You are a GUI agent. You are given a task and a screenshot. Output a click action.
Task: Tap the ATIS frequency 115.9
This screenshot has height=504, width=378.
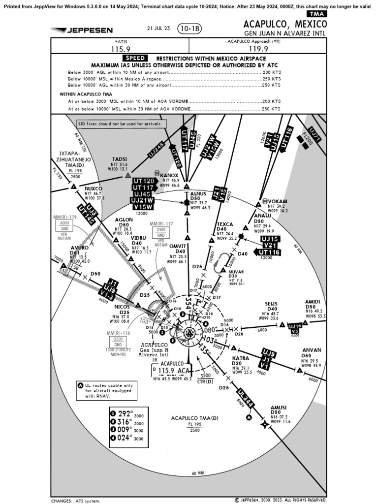coord(120,49)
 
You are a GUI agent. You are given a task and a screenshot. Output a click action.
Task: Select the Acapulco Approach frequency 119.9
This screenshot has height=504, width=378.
coord(258,49)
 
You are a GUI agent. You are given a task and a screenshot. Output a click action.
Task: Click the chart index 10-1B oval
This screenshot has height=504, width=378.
coord(189,29)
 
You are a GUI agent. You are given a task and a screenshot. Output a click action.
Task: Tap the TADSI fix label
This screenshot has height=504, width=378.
coord(120,159)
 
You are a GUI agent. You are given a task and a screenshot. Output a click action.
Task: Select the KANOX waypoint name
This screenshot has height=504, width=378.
coord(169,175)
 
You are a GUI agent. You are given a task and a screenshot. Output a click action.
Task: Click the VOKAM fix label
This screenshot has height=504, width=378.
coord(278,201)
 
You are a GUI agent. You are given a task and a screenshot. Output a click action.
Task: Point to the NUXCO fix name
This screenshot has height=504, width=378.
coord(93,189)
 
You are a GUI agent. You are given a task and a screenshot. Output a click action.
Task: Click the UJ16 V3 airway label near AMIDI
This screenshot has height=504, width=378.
coord(294,328)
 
